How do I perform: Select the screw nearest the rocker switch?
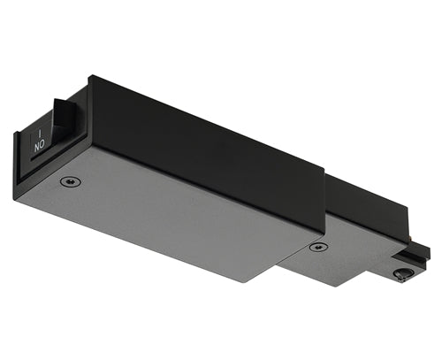pos(68,181)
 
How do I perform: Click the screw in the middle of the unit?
pos(317,246)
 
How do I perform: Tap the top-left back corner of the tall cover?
pos(90,77)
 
